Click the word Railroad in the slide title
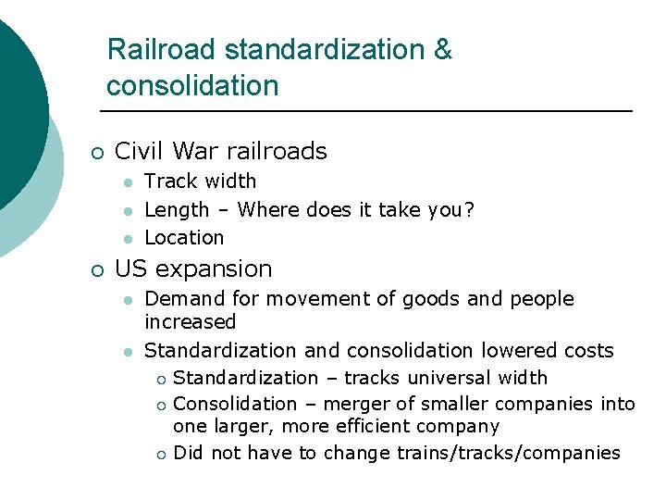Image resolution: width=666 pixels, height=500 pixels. click(x=161, y=49)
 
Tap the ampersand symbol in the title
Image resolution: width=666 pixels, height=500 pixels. click(x=443, y=49)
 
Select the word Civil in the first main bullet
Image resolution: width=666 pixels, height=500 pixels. click(x=140, y=151)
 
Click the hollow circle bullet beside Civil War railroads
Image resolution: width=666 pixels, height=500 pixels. click(x=96, y=152)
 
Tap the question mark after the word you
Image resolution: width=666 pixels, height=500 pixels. click(x=470, y=209)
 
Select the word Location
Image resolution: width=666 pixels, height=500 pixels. click(x=184, y=238)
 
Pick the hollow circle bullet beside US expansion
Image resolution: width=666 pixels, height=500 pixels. click(x=96, y=270)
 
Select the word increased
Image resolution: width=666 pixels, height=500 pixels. click(x=190, y=322)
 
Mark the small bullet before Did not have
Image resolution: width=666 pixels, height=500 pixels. click(x=161, y=454)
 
